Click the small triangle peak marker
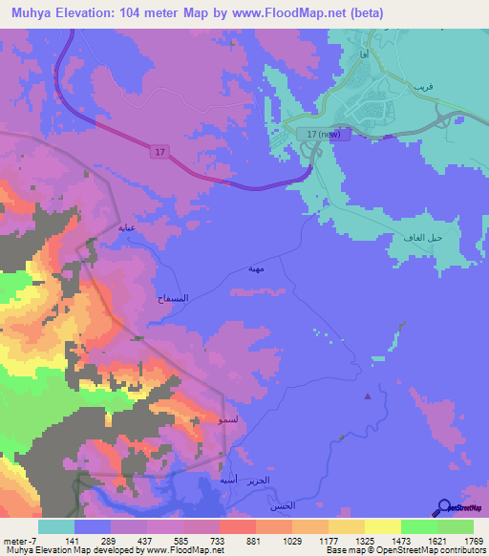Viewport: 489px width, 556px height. (x=369, y=396)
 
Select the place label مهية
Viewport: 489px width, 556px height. (x=259, y=269)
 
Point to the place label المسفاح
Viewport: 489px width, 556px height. (x=171, y=299)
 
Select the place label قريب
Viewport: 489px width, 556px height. (x=423, y=86)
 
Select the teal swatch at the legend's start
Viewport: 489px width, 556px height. (x=55, y=526)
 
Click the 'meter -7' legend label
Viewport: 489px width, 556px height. (x=19, y=540)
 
